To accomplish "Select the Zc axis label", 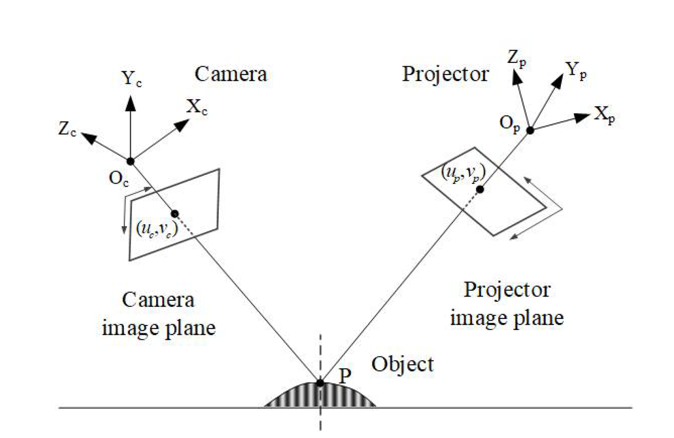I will (67, 129).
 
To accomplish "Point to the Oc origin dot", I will (130, 161).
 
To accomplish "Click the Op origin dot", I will (530, 130).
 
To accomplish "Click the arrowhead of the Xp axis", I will (582, 117).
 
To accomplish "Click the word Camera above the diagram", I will (231, 74).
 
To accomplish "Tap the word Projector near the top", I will (445, 74).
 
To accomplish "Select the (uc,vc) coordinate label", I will (157, 229).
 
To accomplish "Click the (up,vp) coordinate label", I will (463, 173).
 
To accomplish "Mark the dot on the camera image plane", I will (174, 214).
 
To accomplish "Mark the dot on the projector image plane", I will (480, 190).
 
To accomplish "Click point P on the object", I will (320, 383).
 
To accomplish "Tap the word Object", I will (402, 364).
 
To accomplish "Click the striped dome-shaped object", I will (320, 396).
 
